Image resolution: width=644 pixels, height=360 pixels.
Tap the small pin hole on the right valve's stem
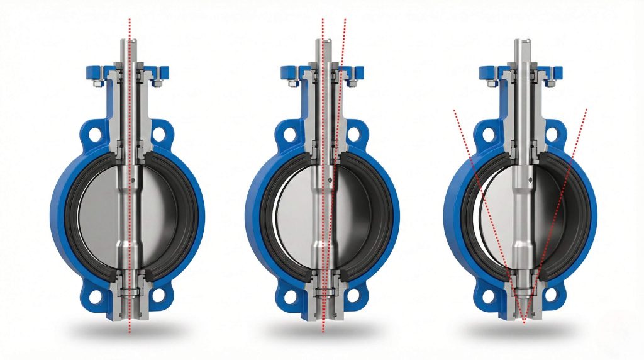[x=527, y=182]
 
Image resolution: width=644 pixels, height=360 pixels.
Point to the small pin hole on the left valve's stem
[x=136, y=182]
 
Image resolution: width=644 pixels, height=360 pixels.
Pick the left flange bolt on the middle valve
[x=291, y=81]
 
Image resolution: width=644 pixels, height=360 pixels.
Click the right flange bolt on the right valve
[x=551, y=81]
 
